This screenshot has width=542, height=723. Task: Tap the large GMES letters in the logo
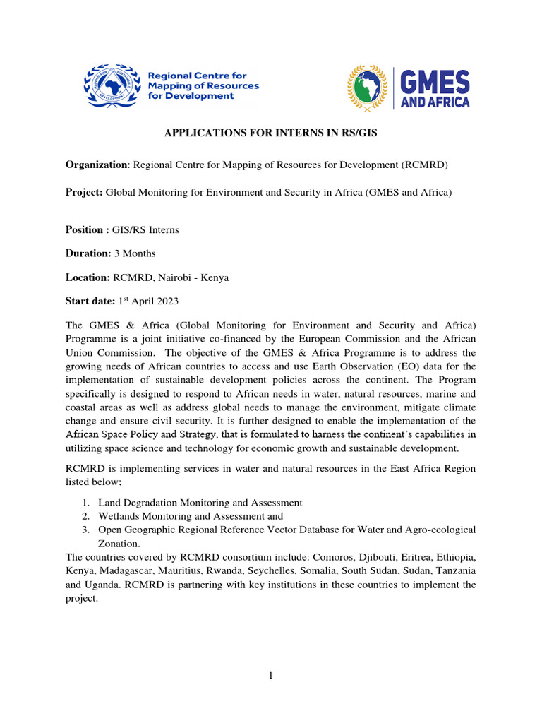435,81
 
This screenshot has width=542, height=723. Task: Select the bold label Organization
95,165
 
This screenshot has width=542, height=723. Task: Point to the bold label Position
85,229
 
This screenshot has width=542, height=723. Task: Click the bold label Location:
88,278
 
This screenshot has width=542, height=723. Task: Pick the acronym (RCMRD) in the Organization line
426,165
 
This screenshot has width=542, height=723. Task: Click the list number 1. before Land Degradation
85,503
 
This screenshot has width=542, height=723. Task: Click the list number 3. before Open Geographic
85,530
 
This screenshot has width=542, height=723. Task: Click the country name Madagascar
130,570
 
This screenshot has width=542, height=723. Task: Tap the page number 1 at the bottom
270,676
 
